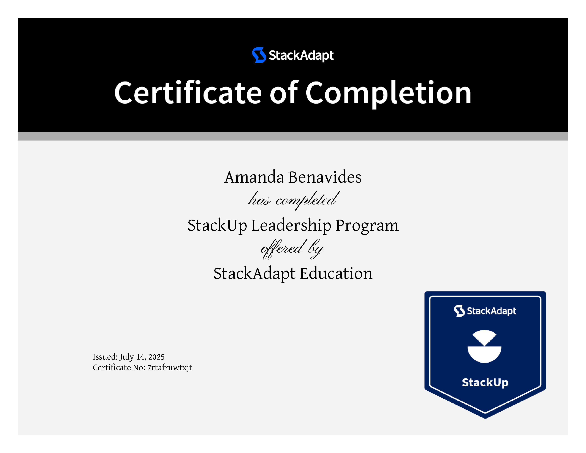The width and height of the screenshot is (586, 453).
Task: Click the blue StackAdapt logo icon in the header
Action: pos(259,55)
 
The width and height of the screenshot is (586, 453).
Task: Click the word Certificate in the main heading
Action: pos(188,92)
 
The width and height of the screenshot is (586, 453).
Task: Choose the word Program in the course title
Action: pos(367,226)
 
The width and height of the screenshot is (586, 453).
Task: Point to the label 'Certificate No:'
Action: pos(119,367)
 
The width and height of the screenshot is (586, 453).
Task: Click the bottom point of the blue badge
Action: pos(485,418)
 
